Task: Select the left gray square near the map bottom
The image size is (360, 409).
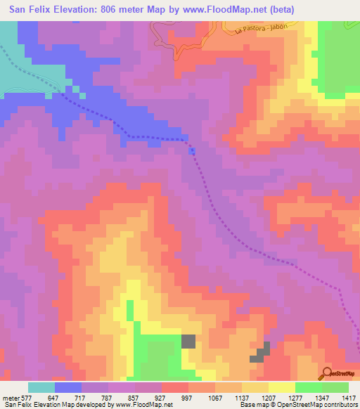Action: pyautogui.click(x=188, y=342)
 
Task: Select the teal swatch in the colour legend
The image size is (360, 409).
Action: pyautogui.click(x=41, y=387)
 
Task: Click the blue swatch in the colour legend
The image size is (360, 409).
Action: pyautogui.click(x=68, y=387)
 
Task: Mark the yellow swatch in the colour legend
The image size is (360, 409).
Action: pyautogui.click(x=282, y=387)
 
